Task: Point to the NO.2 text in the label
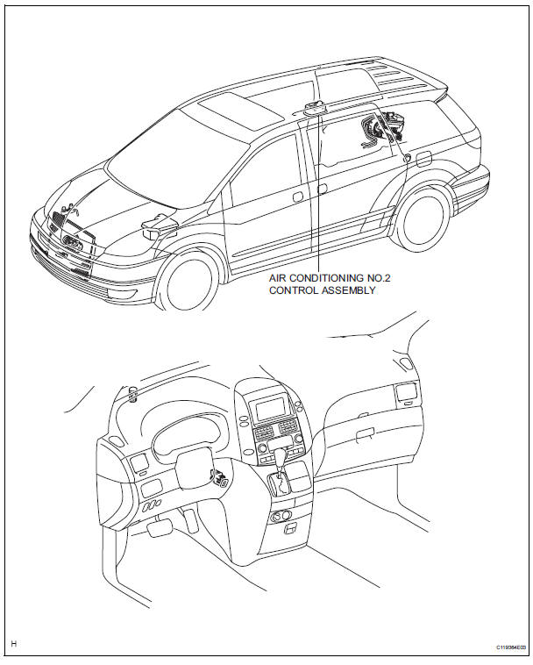coord(388,278)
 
